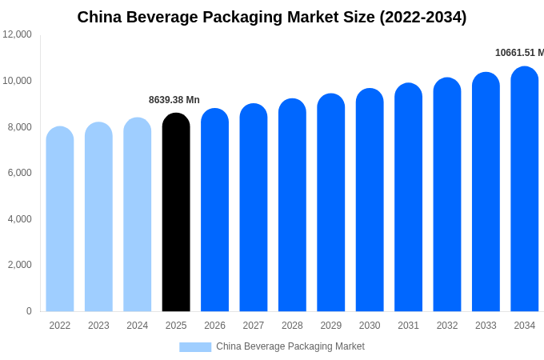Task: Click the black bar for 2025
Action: coord(176,212)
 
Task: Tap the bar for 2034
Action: coord(525,189)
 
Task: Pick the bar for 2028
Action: coord(292,205)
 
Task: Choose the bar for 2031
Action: coord(408,197)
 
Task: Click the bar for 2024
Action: coord(138,214)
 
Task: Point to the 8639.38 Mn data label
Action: coord(174,100)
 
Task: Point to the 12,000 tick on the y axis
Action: coord(18,34)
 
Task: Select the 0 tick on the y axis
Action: coord(29,311)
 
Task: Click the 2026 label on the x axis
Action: coord(214,326)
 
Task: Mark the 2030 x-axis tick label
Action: coord(370,326)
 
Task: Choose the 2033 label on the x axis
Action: coord(486,326)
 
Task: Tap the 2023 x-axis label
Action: coord(98,326)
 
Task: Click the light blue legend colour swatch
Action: coord(195,347)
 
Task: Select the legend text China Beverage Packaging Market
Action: coord(290,346)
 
